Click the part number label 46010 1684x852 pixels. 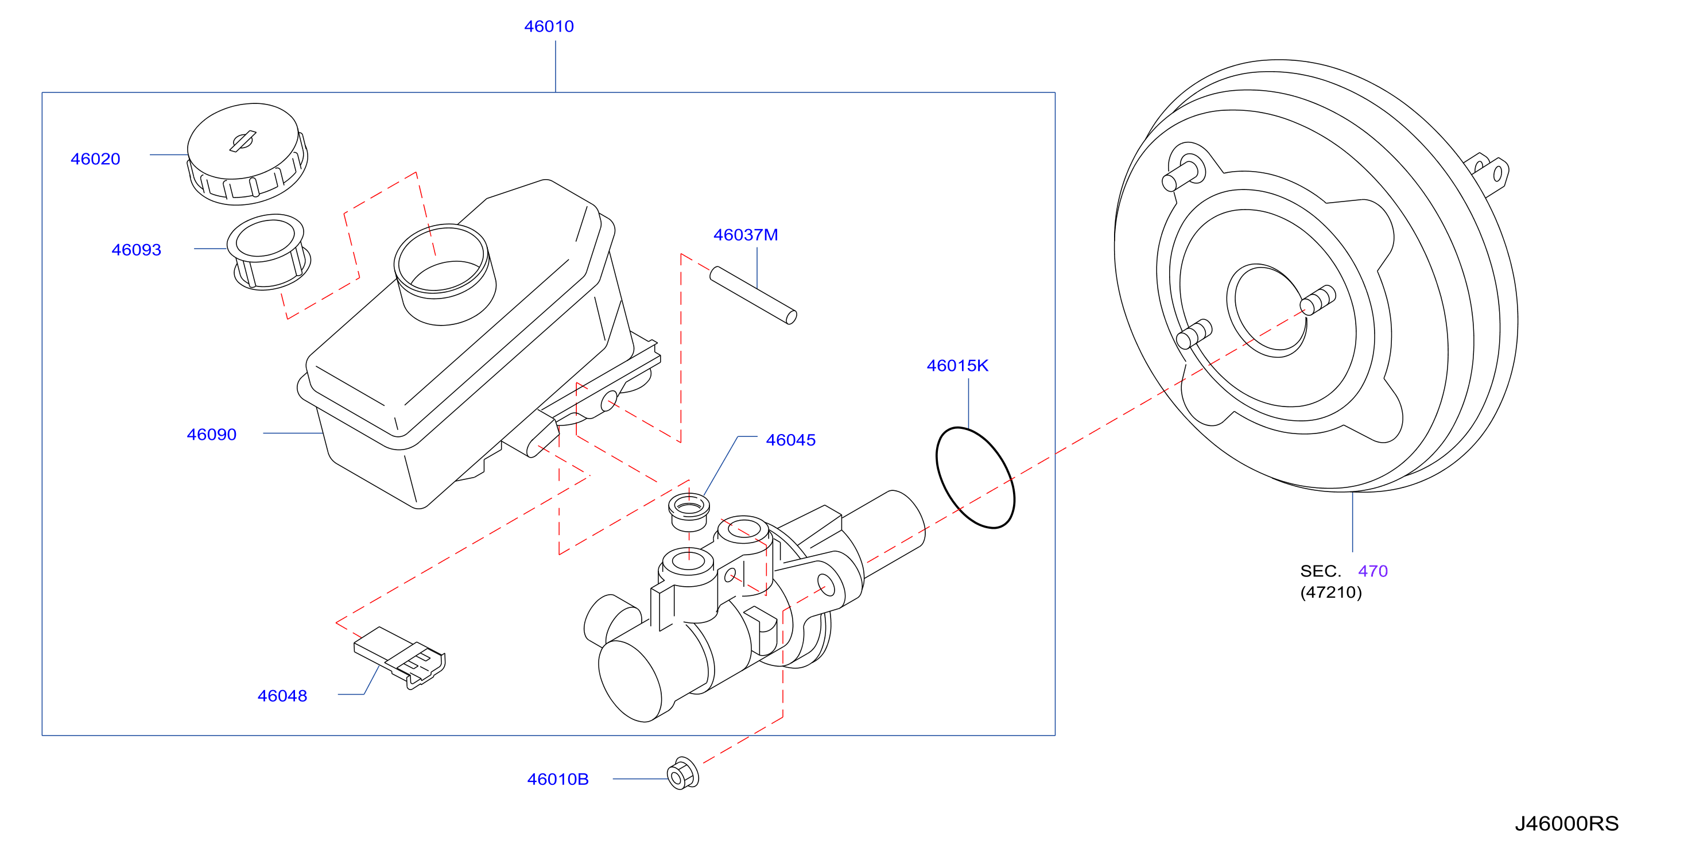(549, 27)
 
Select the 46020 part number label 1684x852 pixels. (95, 159)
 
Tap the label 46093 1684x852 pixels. (136, 250)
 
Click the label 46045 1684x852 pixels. (790, 440)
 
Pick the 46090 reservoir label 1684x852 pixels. (211, 435)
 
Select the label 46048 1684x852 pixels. (282, 696)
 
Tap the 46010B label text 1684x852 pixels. (558, 780)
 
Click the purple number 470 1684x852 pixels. (1372, 571)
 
